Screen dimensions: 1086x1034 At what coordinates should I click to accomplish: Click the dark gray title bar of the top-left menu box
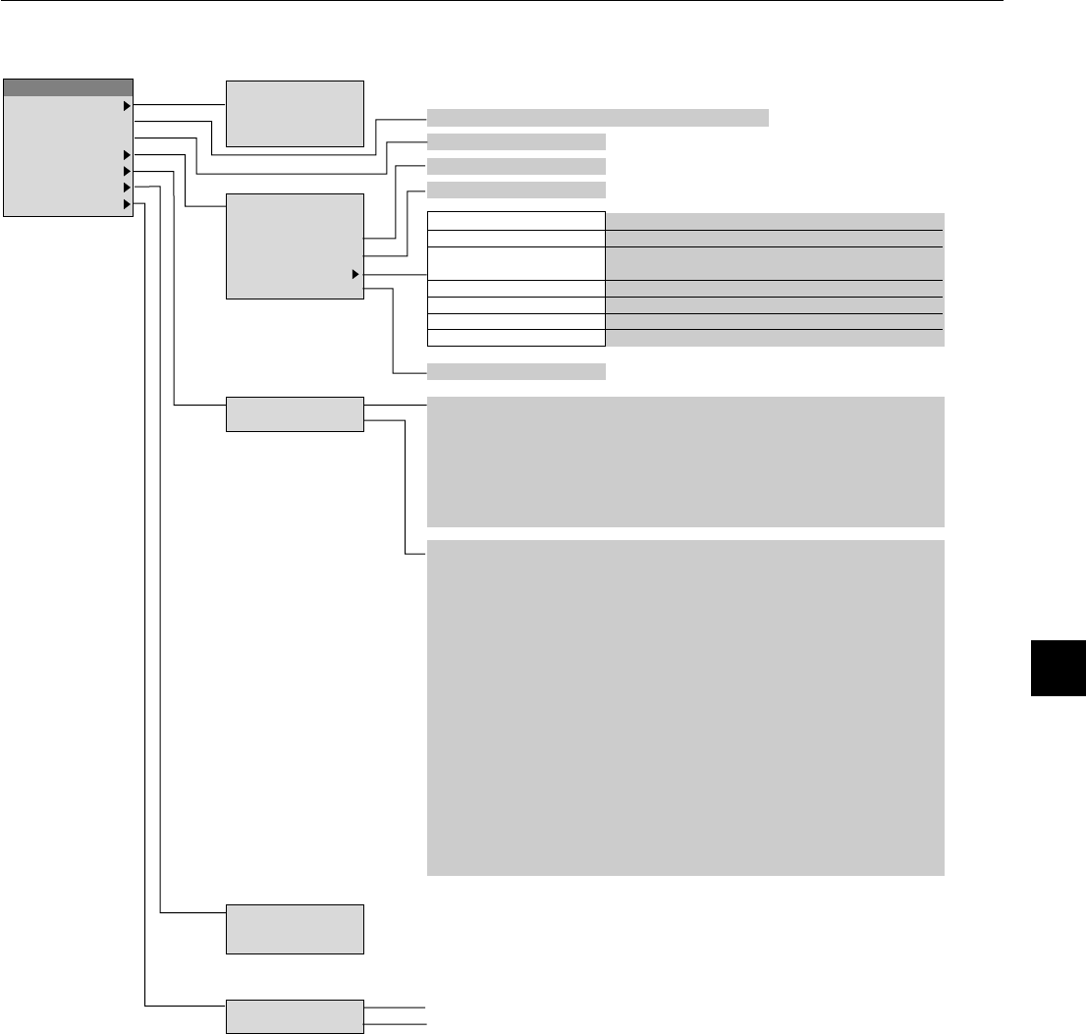(x=69, y=87)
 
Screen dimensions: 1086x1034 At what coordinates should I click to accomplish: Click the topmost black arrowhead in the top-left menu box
(x=127, y=104)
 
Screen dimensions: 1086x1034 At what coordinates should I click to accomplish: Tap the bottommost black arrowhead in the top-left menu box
(x=127, y=204)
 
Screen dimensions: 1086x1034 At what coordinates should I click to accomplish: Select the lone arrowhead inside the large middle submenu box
(x=355, y=275)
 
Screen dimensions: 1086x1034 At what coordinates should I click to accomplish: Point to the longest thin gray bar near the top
(x=597, y=118)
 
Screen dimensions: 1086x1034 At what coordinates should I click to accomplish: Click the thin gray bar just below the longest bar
(x=516, y=141)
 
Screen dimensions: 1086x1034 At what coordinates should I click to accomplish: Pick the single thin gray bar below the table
(x=516, y=371)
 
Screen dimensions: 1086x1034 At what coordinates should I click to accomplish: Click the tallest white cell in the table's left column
(x=516, y=263)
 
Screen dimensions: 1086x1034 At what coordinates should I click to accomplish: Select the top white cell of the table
(x=516, y=221)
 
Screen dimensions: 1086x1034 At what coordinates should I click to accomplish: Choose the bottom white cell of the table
(x=516, y=339)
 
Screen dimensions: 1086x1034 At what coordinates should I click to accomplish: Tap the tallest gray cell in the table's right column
(x=774, y=263)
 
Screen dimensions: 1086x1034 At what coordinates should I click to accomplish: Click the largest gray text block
(x=685, y=707)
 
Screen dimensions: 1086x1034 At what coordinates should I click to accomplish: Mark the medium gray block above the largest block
(x=685, y=462)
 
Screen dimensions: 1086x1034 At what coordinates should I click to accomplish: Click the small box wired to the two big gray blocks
(x=295, y=414)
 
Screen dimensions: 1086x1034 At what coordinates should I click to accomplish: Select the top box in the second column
(x=295, y=114)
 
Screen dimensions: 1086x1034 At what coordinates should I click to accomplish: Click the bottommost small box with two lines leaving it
(x=295, y=1015)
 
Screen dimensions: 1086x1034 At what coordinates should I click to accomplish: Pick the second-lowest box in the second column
(x=295, y=928)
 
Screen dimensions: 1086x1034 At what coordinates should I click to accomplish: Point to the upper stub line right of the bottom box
(x=396, y=1007)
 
